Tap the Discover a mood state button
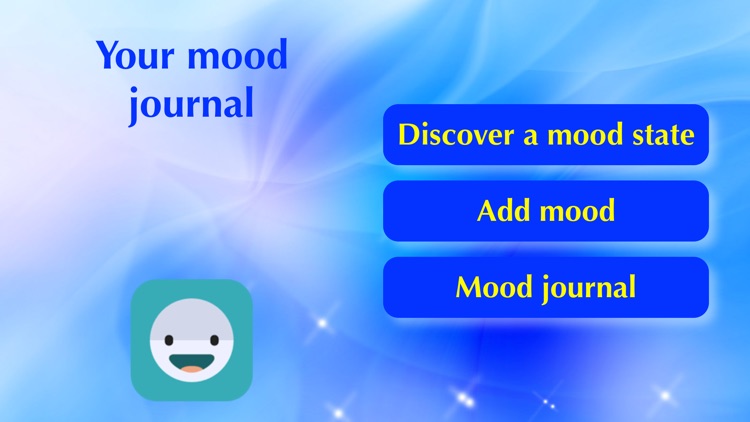point(545,135)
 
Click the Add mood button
point(545,211)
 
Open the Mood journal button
point(545,288)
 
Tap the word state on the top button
point(664,135)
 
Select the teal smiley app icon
point(191,339)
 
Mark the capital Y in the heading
point(107,55)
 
